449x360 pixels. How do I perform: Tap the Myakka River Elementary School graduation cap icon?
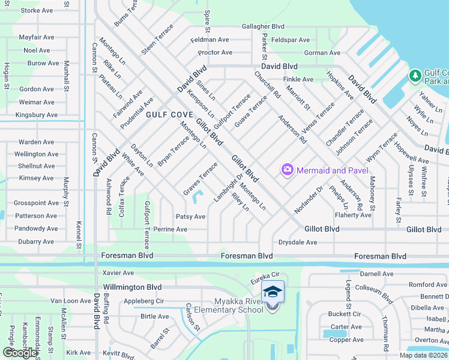273,292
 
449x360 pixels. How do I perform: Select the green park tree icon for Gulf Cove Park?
414,76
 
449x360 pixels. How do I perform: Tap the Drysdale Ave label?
297,242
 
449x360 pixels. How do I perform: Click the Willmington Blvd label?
132,287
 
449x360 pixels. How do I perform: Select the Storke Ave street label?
37,11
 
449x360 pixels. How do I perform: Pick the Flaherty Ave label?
354,215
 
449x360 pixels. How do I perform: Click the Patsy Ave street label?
190,217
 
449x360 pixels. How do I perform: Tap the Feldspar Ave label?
291,40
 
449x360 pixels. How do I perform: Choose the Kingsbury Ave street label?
36,115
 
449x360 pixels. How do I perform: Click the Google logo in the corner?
20,353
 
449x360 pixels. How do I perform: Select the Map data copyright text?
423,355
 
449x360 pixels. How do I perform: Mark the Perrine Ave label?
170,229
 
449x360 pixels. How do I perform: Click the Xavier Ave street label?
117,272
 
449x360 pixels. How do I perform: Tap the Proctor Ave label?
215,53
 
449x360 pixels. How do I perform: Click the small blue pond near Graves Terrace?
200,195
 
